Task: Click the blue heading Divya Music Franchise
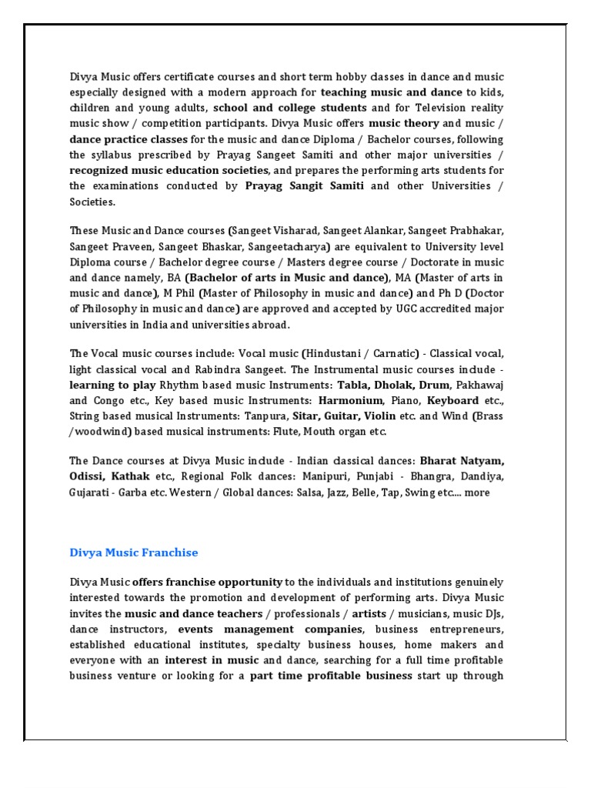133,553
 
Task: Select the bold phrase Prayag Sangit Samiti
305,186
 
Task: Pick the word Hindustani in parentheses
335,353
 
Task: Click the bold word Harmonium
350,400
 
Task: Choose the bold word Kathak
130,476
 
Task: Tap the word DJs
494,613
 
